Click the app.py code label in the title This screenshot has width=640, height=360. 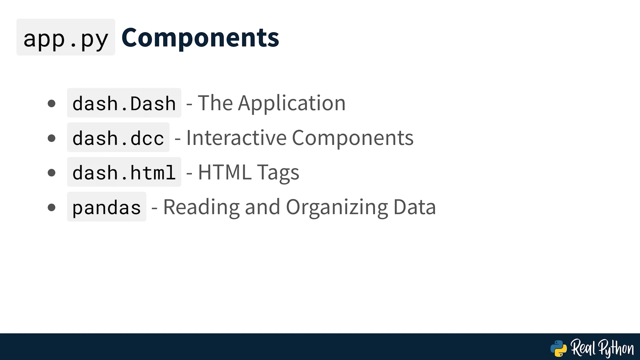66,37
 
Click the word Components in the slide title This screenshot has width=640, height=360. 200,37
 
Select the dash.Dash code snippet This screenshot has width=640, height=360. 124,103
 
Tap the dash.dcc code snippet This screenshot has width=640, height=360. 118,138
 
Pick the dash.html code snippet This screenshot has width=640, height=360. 124,172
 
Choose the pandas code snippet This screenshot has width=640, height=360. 107,207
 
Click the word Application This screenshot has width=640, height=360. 292,103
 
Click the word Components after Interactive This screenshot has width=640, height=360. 353,138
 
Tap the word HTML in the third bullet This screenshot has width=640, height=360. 225,172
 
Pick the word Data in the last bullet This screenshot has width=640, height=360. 415,207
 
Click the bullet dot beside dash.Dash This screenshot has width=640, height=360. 52,103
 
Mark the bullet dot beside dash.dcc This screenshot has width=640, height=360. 52,138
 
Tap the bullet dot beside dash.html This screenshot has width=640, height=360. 52,173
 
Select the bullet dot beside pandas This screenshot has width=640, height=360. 52,207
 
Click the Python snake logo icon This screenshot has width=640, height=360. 559,349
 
